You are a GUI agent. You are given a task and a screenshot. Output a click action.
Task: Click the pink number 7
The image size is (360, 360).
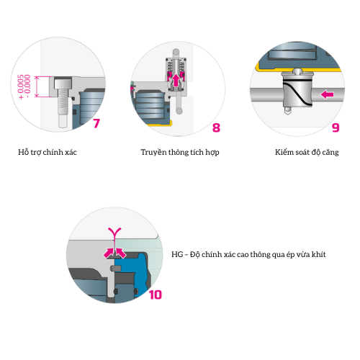[96, 123]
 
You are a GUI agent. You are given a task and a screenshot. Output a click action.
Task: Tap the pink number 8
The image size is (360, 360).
[216, 127]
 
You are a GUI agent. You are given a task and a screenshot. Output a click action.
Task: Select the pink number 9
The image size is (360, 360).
[336, 127]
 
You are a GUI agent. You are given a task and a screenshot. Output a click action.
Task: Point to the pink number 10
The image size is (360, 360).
[156, 294]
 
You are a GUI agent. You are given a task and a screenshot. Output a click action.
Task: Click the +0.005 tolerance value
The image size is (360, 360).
[21, 87]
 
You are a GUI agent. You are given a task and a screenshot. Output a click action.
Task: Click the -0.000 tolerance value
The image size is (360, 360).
[27, 86]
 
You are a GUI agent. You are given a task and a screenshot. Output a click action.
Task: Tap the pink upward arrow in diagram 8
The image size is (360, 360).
[176, 81]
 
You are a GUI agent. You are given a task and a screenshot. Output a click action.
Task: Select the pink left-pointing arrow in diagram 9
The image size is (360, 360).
[328, 94]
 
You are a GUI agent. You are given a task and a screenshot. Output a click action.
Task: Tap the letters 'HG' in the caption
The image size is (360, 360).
[177, 254]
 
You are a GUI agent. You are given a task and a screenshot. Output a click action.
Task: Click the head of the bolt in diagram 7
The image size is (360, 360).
[63, 84]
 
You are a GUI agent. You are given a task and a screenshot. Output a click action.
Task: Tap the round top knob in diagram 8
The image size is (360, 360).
[176, 52]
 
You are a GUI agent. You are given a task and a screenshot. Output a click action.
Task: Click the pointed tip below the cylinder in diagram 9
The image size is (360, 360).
[287, 111]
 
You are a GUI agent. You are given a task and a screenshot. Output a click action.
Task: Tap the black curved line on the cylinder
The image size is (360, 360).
[297, 94]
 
